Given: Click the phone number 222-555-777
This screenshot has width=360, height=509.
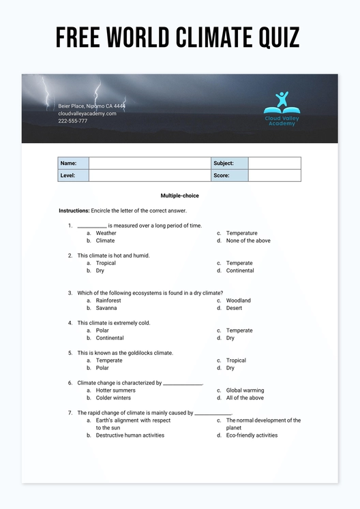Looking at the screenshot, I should pos(73,121).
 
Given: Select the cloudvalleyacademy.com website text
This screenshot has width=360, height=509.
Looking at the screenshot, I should pos(87,113).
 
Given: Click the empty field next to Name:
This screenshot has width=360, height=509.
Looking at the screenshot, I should pos(150,164).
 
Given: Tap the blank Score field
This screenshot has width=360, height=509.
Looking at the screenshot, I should pos(274,176).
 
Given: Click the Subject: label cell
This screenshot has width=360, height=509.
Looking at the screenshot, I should pos(230,164).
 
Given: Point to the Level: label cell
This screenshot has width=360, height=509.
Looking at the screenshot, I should pos(73,176).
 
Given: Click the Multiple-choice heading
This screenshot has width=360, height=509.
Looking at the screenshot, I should pos(180,196).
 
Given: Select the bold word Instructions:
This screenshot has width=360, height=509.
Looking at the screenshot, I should pos(74,211).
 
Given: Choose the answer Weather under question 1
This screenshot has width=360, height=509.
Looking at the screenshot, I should pos(106,233).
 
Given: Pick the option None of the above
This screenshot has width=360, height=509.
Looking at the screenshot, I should pos(248,241).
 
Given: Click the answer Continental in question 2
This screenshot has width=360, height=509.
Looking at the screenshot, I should pos(240,271).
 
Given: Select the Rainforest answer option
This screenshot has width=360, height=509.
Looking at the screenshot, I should pos(108,300).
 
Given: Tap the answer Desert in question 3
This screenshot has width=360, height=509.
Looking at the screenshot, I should pos(234,308).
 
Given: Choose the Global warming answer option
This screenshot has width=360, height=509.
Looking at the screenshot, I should pos(245,390).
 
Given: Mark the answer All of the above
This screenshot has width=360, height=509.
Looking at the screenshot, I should pos(245,398).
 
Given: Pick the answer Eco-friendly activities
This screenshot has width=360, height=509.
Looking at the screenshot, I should pos(252,435).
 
